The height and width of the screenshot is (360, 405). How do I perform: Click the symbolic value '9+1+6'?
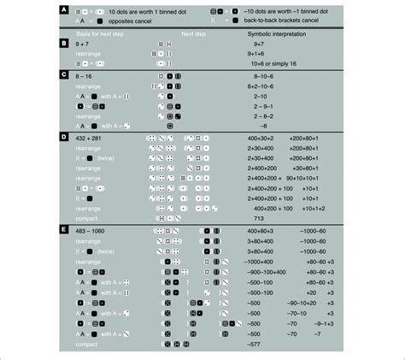pyautogui.click(x=257, y=53)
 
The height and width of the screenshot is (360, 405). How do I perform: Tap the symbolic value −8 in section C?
pyautogui.click(x=253, y=125)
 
